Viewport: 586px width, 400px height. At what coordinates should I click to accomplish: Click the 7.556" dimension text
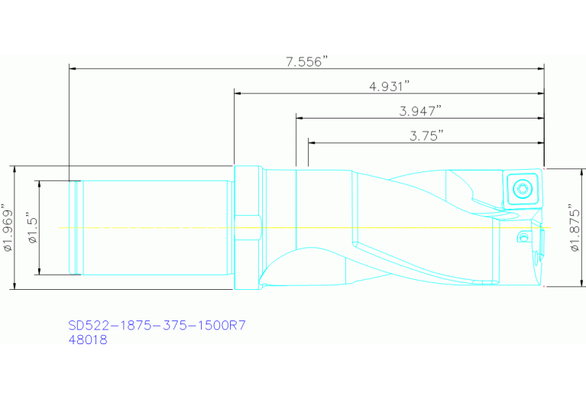pos(307,62)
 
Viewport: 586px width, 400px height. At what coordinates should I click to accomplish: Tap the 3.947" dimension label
pos(420,111)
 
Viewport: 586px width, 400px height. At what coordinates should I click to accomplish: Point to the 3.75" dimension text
pos(426,135)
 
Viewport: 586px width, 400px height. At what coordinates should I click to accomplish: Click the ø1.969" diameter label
pos(8,227)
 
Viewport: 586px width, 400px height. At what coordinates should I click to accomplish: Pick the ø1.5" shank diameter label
pos(31,227)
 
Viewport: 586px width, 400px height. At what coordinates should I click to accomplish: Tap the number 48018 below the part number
pos(88,340)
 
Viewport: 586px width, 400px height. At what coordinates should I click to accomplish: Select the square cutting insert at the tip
pos(522,188)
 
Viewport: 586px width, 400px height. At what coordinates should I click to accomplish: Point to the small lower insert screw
pos(523,238)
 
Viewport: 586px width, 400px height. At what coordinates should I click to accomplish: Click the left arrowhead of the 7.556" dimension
pos(73,69)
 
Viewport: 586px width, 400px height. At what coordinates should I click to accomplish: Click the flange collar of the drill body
pos(248,227)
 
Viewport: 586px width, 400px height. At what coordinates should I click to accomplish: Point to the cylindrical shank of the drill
pos(153,227)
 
